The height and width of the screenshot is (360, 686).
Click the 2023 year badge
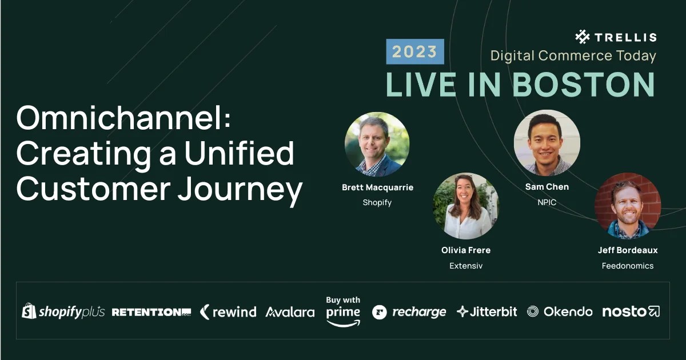tap(415, 51)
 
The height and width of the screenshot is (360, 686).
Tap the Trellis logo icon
tap(582, 37)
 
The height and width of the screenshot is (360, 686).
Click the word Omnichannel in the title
tap(123, 118)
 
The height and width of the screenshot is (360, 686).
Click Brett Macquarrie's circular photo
tap(377, 144)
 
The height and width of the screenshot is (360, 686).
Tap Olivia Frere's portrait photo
tap(466, 206)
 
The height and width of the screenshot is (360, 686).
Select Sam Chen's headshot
tap(547, 142)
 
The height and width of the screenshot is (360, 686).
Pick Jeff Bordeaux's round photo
tap(628, 206)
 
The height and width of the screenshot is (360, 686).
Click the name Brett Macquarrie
tap(377, 187)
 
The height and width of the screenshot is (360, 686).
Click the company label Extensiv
tap(466, 266)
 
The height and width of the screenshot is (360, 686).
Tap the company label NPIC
tap(547, 202)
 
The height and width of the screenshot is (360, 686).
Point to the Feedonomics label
tap(628, 266)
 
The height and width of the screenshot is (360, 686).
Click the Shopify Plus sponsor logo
tap(63, 311)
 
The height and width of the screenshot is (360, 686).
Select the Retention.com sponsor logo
tap(151, 312)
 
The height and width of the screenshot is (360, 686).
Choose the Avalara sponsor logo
tap(290, 312)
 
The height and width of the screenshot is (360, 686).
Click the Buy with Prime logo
tap(343, 311)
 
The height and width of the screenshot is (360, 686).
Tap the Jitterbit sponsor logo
tap(486, 311)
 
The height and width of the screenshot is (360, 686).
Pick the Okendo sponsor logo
tap(560, 311)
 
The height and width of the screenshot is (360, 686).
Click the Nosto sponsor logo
tap(631, 311)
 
